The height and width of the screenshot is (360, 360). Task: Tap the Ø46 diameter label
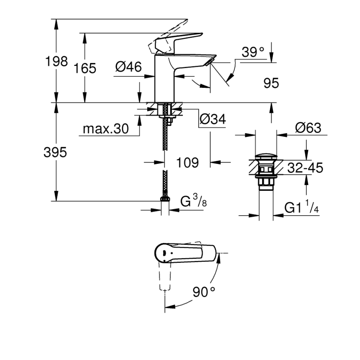pyautogui.click(x=128, y=66)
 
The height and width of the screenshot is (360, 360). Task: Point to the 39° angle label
pyautogui.click(x=253, y=52)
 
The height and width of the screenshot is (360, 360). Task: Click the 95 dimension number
pyautogui.click(x=271, y=83)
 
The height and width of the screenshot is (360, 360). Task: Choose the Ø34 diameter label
pyautogui.click(x=212, y=119)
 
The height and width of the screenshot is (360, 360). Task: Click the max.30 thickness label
pyautogui.click(x=106, y=129)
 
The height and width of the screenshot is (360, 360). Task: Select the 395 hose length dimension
pyautogui.click(x=55, y=152)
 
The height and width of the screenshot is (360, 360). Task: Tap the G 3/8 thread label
pyautogui.click(x=194, y=202)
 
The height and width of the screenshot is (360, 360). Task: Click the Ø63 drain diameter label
pyautogui.click(x=308, y=128)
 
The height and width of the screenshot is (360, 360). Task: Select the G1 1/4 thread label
pyautogui.click(x=302, y=208)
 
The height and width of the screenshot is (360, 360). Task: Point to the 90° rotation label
pyautogui.click(x=204, y=292)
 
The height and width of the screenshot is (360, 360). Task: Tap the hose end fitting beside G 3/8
pyautogui.click(x=165, y=200)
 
